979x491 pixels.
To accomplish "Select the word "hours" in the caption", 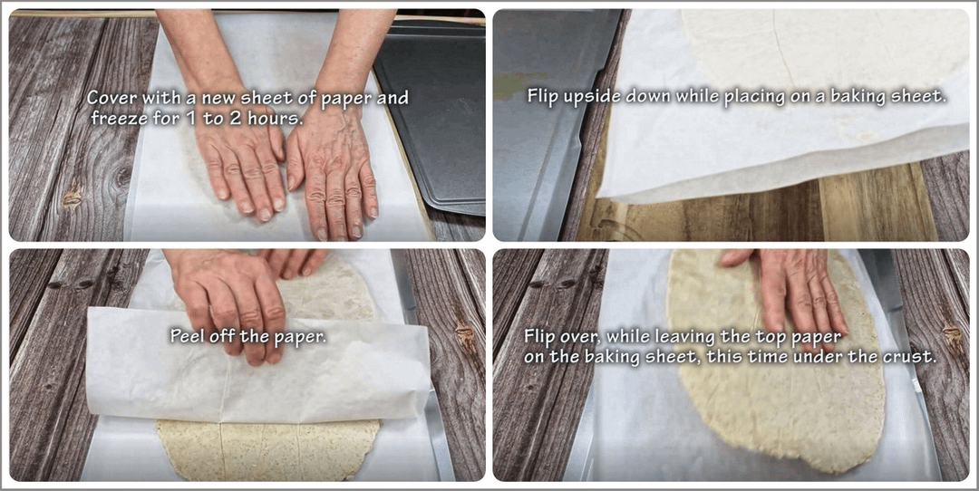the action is [276, 118].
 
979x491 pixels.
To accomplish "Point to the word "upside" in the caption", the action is [587, 98].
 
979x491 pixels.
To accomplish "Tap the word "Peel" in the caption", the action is [186, 336].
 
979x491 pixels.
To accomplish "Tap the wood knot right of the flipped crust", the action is [952, 338].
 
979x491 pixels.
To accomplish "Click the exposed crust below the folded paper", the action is [268, 449].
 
